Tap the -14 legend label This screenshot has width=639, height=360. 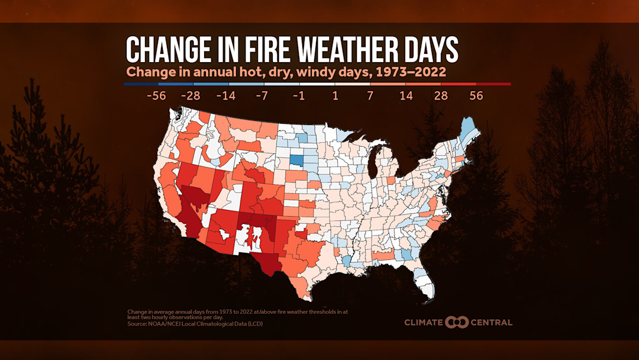(x=227, y=95)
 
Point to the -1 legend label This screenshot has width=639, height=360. (x=298, y=95)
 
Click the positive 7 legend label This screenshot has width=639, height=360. (x=370, y=95)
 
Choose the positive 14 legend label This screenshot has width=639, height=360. (x=405, y=95)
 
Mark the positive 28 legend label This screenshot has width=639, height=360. (x=441, y=95)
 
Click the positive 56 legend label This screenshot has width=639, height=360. (x=476, y=95)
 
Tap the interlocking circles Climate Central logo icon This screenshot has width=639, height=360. (x=457, y=322)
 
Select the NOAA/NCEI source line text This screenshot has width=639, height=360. (x=195, y=324)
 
